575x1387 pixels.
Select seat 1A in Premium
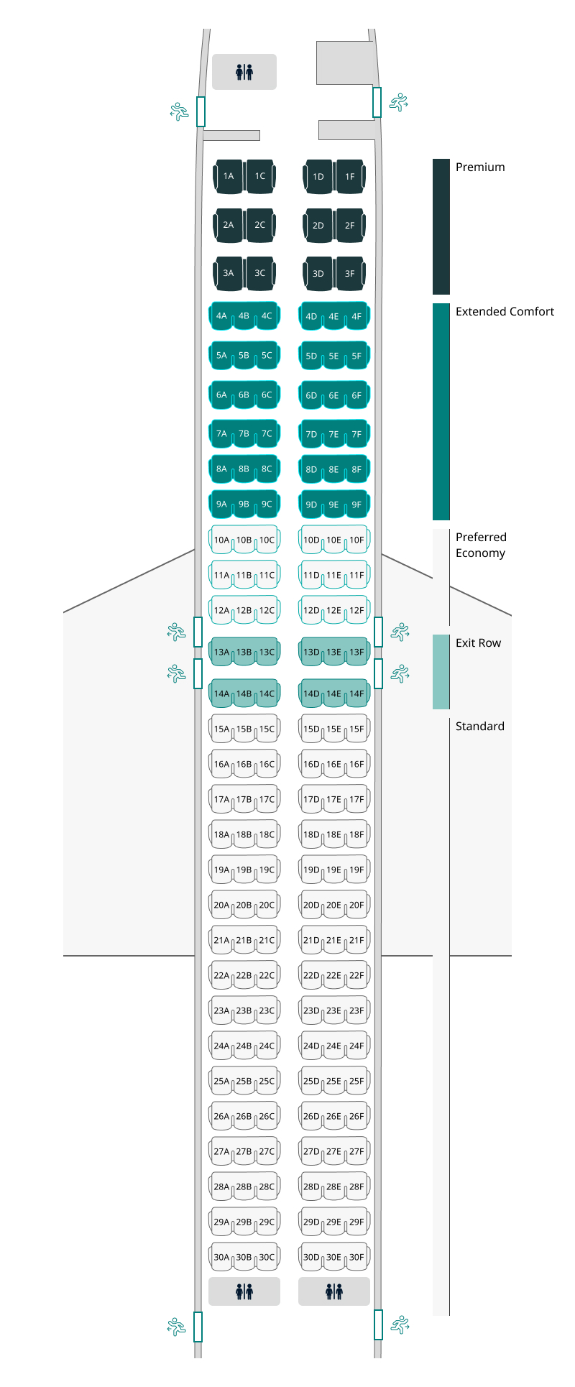229,176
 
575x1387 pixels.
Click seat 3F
350,274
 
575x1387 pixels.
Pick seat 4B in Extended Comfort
244,316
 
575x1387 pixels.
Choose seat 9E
334,505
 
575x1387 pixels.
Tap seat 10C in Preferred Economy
267,540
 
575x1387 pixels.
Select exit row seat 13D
311,653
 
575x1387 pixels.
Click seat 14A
221,694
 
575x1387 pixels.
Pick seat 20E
334,906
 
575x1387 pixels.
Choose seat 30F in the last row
357,1258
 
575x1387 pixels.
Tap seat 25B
244,1082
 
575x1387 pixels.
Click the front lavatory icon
244,72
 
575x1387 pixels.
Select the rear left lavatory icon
244,1291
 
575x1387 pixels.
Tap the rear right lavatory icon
334,1291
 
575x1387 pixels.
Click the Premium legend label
480,167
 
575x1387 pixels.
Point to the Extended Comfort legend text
505,312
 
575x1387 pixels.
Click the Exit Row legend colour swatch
441,672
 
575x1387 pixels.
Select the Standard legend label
480,727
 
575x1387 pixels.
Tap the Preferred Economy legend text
481,545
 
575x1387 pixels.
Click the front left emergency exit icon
179,111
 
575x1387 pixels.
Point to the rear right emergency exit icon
399,1324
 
